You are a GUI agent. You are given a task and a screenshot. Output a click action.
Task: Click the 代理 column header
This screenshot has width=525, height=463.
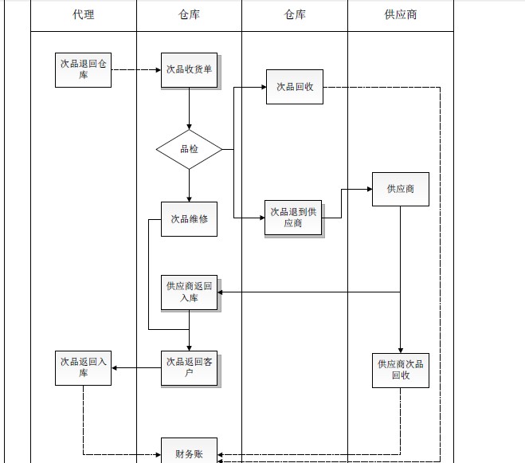tap(83, 14)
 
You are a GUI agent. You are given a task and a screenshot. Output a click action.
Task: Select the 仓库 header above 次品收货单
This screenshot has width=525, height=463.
tap(189, 14)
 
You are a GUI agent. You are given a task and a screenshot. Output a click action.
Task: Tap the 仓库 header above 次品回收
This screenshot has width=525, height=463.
tap(294, 14)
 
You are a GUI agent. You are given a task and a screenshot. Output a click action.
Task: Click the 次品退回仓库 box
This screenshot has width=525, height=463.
tap(83, 69)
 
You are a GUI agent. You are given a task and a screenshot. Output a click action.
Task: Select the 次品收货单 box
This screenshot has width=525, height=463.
tap(189, 70)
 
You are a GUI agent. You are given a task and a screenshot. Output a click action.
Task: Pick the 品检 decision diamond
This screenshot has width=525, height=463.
tap(189, 149)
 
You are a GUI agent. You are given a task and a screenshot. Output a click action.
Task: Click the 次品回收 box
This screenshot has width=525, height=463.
tap(294, 87)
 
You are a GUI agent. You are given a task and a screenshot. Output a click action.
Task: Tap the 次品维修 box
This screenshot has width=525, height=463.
tap(189, 218)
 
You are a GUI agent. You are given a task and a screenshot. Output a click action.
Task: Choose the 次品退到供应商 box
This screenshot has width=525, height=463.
tap(294, 218)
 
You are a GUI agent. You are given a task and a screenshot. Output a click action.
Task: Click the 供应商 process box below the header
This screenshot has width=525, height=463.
tap(400, 189)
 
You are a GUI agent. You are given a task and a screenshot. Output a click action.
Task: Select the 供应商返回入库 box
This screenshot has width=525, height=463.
tap(189, 292)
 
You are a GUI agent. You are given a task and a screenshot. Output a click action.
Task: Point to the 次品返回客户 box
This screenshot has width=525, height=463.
tap(189, 368)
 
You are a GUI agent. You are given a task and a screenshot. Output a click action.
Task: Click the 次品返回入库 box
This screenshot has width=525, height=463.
tap(83, 368)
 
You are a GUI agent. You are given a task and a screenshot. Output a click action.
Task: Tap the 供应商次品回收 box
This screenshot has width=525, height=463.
tap(400, 370)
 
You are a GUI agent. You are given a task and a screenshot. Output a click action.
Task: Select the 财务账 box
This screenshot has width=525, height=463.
tap(189, 453)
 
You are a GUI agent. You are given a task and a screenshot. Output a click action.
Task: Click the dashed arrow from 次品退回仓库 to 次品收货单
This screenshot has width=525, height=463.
tap(135, 70)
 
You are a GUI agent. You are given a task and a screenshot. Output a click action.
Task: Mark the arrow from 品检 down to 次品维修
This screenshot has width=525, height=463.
tap(189, 185)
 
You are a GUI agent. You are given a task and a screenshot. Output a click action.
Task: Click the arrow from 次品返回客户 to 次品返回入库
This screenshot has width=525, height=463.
tap(136, 368)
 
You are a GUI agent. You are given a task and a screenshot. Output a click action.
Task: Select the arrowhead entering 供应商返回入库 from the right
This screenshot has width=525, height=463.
tap(221, 292)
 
